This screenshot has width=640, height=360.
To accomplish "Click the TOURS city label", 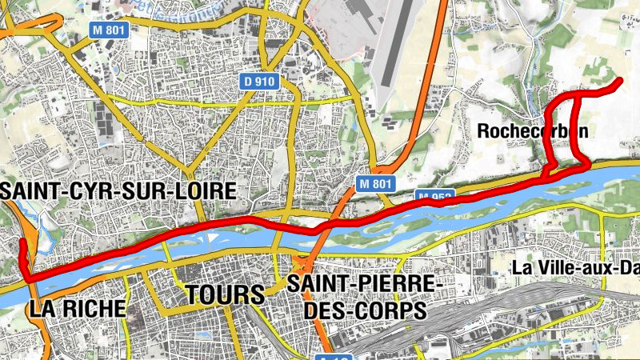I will [x=224, y=294].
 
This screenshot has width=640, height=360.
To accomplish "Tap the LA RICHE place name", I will [x=77, y=308].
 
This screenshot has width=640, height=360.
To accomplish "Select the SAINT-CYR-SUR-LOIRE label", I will [x=119, y=191].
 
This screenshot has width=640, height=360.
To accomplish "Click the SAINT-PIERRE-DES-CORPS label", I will [x=363, y=296].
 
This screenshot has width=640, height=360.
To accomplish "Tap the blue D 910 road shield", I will [x=259, y=81].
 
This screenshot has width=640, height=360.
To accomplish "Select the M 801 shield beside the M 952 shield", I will [x=375, y=183].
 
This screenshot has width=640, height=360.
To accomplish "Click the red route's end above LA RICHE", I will [x=22, y=242].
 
